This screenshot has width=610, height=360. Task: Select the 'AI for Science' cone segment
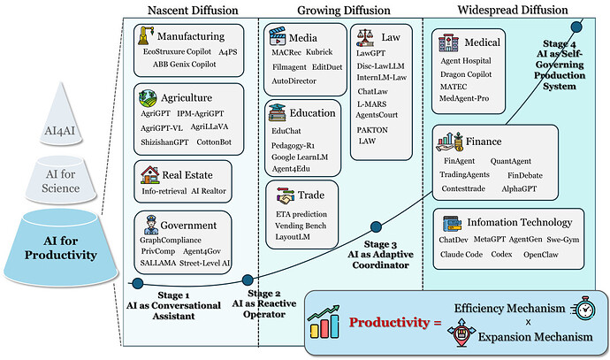(x=61, y=180)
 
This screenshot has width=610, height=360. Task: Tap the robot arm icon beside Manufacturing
(x=146, y=35)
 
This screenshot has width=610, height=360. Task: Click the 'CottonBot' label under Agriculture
(x=214, y=142)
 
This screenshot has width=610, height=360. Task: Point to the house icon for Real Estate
(x=150, y=175)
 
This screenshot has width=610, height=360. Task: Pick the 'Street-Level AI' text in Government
(x=204, y=263)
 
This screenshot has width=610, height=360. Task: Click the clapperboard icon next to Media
(x=278, y=36)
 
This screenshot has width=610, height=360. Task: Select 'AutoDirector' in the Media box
(x=294, y=81)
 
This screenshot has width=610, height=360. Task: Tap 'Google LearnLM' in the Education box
(x=300, y=157)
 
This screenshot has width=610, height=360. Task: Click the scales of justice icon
(x=365, y=38)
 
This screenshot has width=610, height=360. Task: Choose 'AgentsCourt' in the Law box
(x=377, y=115)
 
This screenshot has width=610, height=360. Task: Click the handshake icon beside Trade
(x=286, y=195)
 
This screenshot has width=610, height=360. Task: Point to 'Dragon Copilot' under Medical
(x=466, y=74)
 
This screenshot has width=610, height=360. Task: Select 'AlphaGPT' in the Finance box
(x=519, y=188)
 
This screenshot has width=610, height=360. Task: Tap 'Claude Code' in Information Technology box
(x=461, y=255)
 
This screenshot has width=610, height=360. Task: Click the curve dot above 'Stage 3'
(x=376, y=227)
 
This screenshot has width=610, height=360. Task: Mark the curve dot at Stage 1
(x=138, y=283)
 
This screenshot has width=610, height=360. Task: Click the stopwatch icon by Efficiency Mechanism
(x=583, y=309)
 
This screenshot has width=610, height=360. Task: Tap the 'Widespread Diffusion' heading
(x=513, y=10)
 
